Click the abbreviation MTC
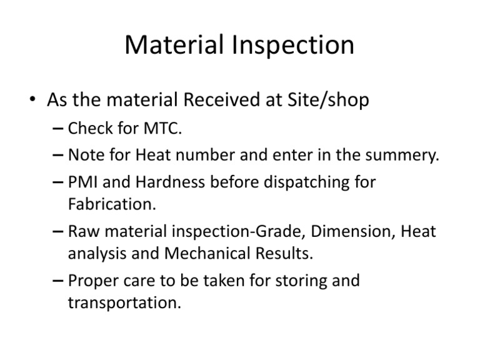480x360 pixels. click(167, 129)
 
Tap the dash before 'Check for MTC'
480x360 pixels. click(57, 129)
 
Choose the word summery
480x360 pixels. click(405, 155)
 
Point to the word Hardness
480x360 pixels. click(165, 182)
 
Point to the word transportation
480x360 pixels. click(124, 302)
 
